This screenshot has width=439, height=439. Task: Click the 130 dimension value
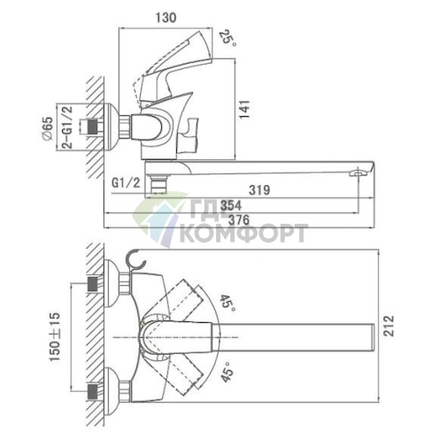coord(166,18)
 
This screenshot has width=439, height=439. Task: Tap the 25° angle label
coord(227,38)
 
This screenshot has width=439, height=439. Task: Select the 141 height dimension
coord(244,109)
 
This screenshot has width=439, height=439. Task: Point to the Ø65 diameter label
coord(47,128)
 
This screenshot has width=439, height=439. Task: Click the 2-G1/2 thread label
coord(66,127)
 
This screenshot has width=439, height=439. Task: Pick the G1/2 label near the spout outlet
coord(126,183)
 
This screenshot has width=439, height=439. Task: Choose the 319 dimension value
coord(259,190)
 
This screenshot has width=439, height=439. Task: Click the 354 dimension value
coord(231,205)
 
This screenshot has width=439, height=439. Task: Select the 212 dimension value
coord(389,326)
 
